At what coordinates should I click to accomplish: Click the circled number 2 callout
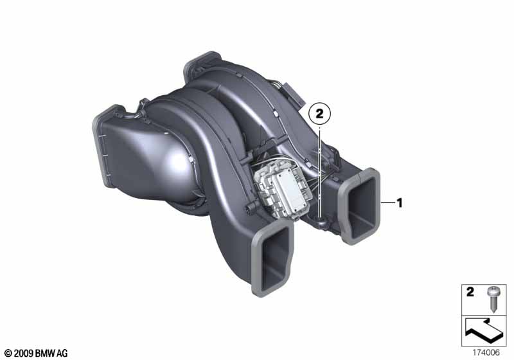[319, 114]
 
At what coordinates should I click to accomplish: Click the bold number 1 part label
[399, 203]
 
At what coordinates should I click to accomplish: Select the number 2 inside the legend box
[470, 291]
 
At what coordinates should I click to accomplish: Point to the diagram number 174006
[486, 353]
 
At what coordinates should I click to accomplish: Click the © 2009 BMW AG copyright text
[37, 353]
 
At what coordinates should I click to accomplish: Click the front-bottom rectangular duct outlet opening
[273, 260]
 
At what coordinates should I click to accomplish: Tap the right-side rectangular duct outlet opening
[360, 206]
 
